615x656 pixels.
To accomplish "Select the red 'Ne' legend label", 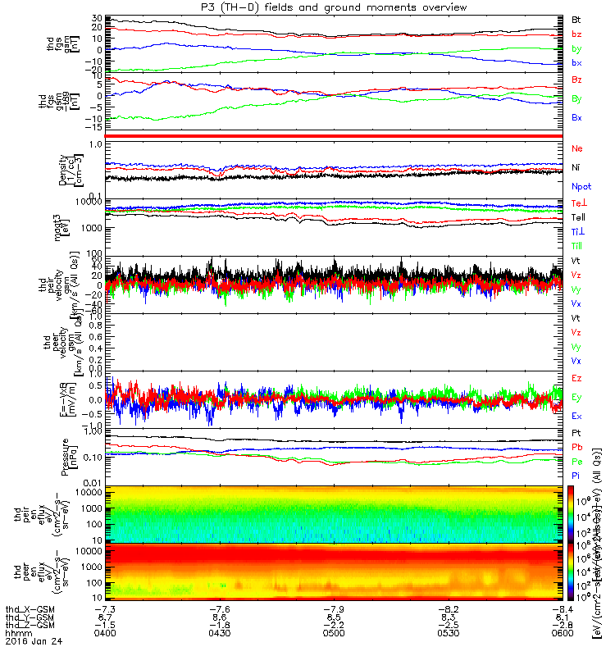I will click(576, 148).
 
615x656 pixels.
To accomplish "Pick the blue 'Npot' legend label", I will click(581, 187).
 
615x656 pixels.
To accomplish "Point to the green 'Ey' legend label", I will click(576, 397).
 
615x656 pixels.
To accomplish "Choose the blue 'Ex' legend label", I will click(576, 416).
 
